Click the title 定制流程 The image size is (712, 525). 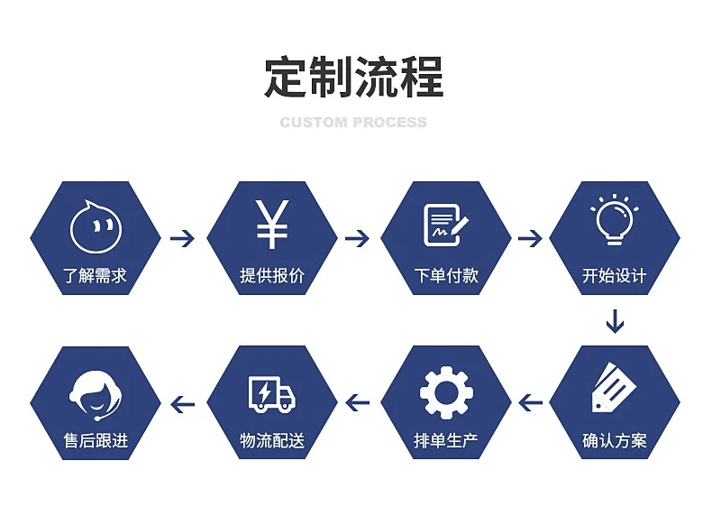354,77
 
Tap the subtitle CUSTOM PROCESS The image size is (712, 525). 353,123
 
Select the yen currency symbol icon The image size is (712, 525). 271,224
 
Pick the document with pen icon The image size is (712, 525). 445,226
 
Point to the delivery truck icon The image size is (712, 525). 271,393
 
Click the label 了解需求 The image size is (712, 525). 96,276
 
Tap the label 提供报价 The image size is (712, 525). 271,276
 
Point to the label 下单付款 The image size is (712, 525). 445,276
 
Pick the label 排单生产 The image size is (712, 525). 445,442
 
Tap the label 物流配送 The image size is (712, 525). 271,442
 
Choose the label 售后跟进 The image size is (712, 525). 96,442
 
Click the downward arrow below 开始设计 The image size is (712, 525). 614,320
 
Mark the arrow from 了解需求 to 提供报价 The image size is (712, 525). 183,239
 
